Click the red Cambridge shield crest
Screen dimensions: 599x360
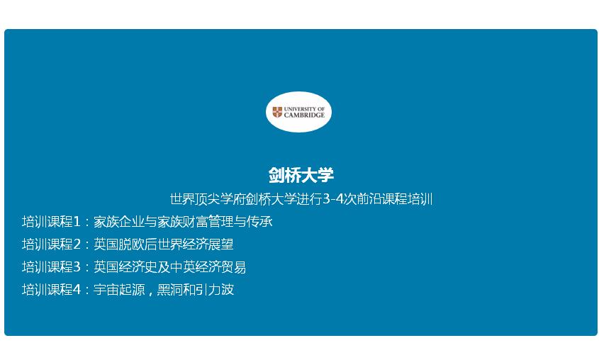[277, 112]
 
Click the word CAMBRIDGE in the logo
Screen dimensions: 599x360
[304, 115]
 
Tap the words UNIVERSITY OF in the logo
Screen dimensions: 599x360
[304, 109]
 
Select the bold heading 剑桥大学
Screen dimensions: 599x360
[301, 175]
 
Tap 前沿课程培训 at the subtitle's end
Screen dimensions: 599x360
[395, 199]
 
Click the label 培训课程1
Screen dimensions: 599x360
[51, 222]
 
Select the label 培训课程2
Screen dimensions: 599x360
[51, 244]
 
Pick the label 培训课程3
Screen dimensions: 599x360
[51, 267]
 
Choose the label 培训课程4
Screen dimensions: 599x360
[51, 289]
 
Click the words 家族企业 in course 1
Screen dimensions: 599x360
[119, 222]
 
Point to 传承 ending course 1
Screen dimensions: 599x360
[259, 222]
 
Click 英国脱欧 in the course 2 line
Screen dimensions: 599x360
[119, 244]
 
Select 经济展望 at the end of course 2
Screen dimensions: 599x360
[208, 244]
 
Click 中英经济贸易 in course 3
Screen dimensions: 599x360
[208, 267]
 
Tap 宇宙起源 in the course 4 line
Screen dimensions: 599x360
[119, 289]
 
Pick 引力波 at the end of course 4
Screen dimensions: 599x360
[215, 289]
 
